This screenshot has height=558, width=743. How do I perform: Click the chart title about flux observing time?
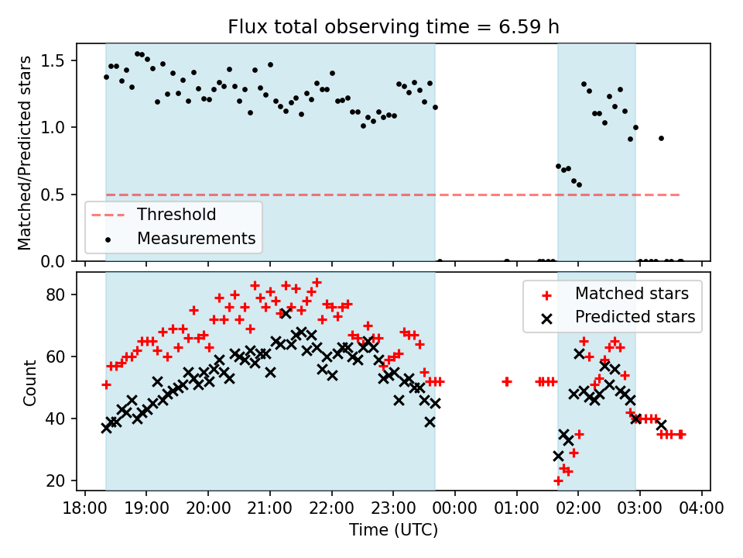[393, 27]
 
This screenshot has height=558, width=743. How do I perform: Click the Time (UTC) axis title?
[393, 531]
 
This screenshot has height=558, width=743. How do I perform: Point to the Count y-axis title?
[30, 381]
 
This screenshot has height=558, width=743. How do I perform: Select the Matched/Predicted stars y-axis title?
[25, 153]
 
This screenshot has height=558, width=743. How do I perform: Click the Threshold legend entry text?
[176, 214]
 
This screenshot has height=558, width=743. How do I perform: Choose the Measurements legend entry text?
[196, 238]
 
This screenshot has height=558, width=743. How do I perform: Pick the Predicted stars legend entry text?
[635, 316]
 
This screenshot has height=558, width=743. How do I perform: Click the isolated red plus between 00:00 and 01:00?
[506, 381]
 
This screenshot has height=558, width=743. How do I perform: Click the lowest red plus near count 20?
[558, 480]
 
